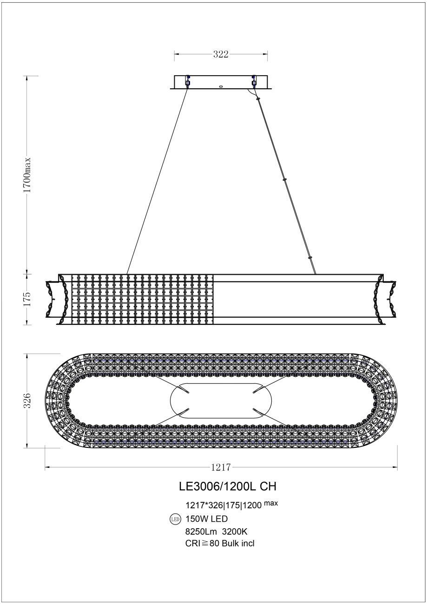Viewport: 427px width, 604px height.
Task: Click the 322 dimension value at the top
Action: pos(221,54)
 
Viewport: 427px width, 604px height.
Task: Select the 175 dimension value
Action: pos(27,298)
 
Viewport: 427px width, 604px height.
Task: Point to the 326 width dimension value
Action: pos(27,400)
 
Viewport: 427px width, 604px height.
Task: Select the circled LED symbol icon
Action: pos(175,519)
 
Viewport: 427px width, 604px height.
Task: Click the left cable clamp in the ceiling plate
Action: pos(188,81)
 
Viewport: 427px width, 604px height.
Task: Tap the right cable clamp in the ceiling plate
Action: pos(254,81)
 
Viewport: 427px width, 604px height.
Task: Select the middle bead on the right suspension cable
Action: pos(284,178)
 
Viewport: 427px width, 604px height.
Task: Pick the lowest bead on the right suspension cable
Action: pos(310,257)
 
